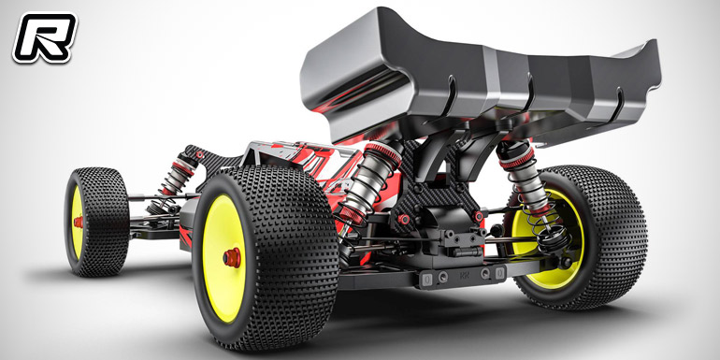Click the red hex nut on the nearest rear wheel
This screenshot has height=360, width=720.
pyautogui.click(x=232, y=257)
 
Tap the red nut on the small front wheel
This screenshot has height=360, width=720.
pyautogui.click(x=79, y=223)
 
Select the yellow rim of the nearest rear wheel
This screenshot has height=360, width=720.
pyautogui.click(x=224, y=257)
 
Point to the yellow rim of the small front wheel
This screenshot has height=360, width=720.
pyautogui.click(x=77, y=223)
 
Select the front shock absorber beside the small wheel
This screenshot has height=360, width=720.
pyautogui.click(x=177, y=181)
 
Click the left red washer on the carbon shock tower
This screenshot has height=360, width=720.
pyautogui.click(x=404, y=219)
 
